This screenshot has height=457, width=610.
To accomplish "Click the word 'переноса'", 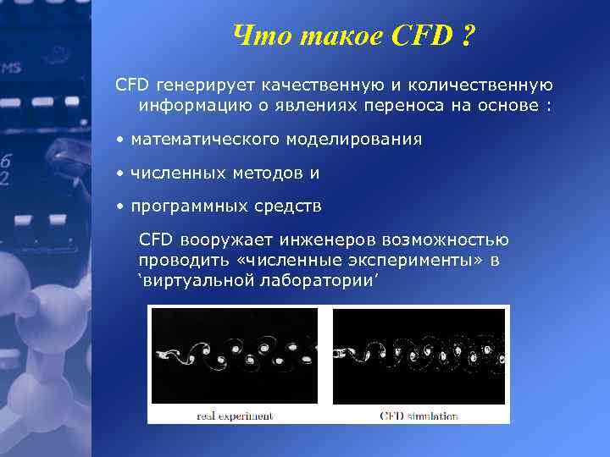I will [398, 107].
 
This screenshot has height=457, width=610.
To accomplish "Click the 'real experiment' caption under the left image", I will [235, 416].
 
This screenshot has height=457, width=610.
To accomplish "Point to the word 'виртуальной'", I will [191, 281].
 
